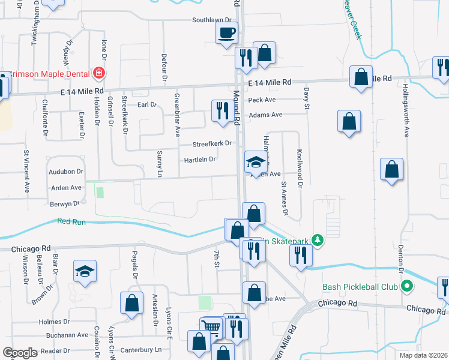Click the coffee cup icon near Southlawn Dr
(x=226, y=33)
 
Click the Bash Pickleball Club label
(x=360, y=286)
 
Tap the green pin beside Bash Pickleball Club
(x=408, y=286)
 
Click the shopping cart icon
(x=211, y=328)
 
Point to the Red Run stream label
(x=71, y=221)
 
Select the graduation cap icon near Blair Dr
(x=85, y=271)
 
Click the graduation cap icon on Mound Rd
(x=256, y=161)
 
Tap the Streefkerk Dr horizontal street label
(x=212, y=144)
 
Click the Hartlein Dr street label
(x=200, y=160)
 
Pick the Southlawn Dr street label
(x=212, y=20)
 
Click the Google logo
(x=20, y=353)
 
